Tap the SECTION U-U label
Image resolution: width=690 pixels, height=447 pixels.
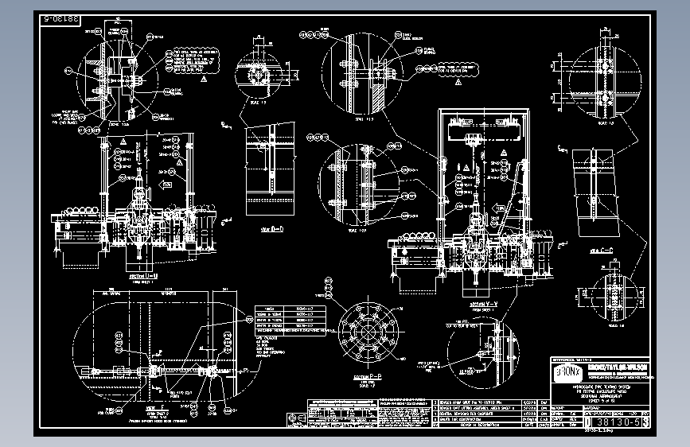click(x=144, y=277)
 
